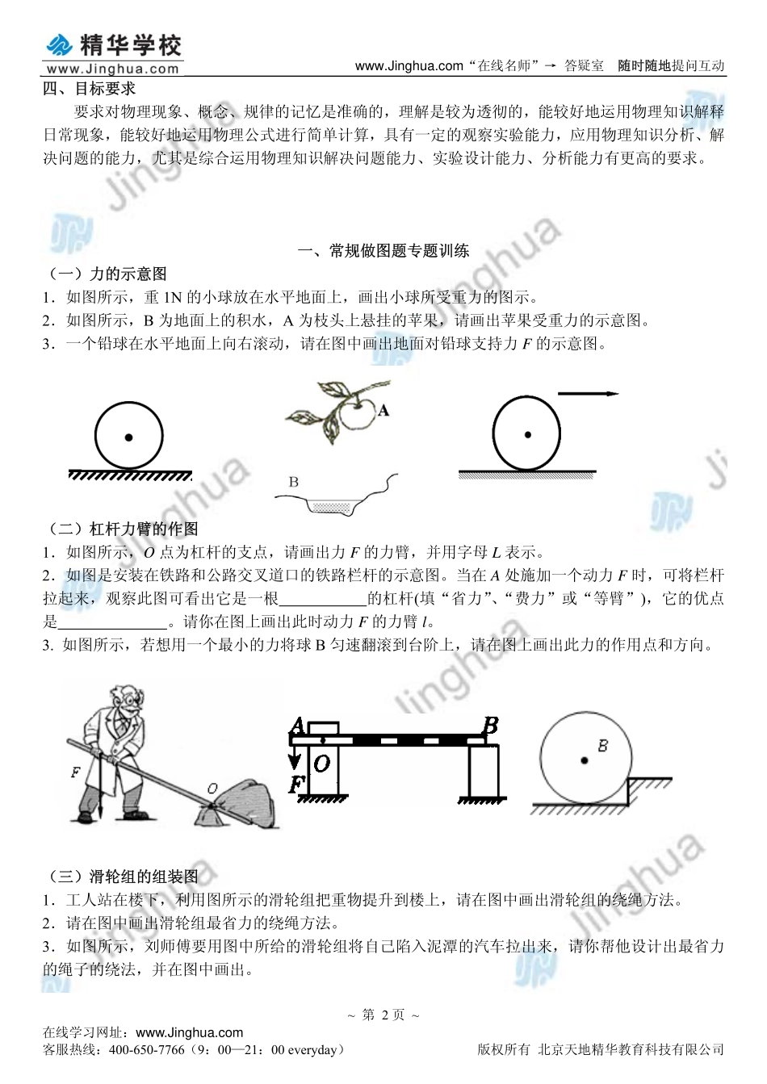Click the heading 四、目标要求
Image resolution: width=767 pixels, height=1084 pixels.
[x=89, y=89]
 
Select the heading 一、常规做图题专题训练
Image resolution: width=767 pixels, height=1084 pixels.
[x=383, y=251]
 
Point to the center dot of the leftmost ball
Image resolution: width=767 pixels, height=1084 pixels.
[x=128, y=437]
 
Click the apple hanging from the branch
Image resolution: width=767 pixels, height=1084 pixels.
[x=356, y=414]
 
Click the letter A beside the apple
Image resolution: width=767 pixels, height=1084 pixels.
[x=383, y=411]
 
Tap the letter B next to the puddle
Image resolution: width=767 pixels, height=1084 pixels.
[x=293, y=482]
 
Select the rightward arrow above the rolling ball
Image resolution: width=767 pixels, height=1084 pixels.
[x=588, y=394]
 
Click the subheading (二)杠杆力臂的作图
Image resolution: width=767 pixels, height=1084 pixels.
[x=123, y=529]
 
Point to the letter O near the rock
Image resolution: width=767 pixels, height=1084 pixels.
[x=212, y=787]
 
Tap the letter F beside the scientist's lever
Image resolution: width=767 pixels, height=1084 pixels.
[x=75, y=772]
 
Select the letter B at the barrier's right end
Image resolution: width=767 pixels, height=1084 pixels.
[x=489, y=726]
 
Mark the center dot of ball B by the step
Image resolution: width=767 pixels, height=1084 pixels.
[x=584, y=760]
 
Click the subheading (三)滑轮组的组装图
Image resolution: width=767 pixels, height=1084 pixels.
[x=123, y=877]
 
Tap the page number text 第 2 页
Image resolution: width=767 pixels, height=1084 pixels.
[x=383, y=1015]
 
